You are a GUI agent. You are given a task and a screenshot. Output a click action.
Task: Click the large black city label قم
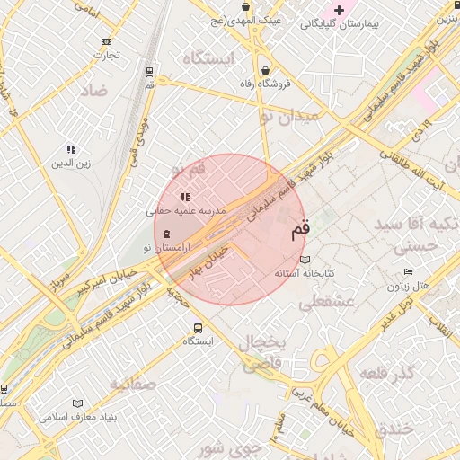(x=299, y=230)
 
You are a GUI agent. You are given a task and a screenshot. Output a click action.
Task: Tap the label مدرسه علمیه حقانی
(x=185, y=211)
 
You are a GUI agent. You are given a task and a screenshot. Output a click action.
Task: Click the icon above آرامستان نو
(x=166, y=234)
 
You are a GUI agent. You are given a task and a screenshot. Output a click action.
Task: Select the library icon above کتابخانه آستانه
(x=305, y=259)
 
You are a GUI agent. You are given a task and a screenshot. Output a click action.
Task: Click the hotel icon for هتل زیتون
(x=409, y=272)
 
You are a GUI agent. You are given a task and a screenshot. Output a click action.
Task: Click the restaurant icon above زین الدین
(x=71, y=149)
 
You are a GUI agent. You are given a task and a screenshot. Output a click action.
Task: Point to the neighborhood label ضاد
(x=93, y=90)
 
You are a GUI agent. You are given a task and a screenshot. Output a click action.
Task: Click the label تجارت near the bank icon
(x=107, y=54)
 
